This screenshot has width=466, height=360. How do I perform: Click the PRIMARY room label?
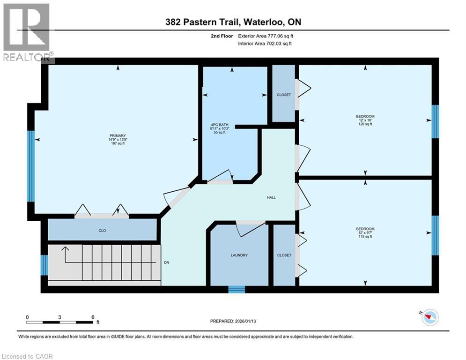pos(118,135)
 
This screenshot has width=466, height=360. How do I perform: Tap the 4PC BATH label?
pos(220,125)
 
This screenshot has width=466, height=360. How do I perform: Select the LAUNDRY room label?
pos(239,255)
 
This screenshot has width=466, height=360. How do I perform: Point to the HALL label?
pos(271,197)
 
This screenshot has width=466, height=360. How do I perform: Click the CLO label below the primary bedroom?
pos(102,231)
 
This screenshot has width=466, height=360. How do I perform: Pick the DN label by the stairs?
pos(166,262)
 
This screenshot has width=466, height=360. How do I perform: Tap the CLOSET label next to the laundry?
pos(284,255)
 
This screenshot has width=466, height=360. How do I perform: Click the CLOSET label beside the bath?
pos(284,95)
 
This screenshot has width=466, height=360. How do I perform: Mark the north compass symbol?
pos(429,317)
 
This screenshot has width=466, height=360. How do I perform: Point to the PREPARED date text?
pos(233,321)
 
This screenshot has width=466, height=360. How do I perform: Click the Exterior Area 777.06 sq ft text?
pos(266,36)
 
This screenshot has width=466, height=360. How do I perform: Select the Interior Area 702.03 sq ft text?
pos(265,44)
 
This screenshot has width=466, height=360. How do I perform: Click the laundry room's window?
pos(237,290)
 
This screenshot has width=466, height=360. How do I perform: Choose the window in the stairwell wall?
pos(44,265)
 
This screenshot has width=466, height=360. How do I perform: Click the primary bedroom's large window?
pos(31,166)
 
